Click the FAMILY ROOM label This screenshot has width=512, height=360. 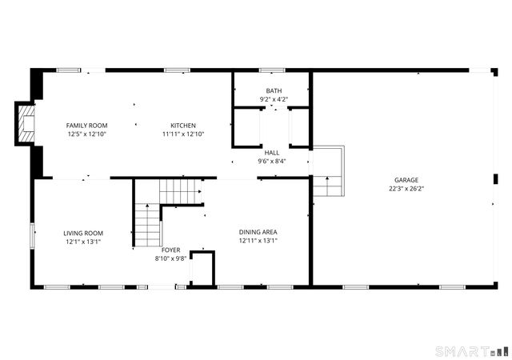[86, 126]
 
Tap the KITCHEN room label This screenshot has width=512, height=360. [183, 126]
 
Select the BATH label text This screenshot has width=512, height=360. [273, 90]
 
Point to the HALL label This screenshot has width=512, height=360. [272, 151]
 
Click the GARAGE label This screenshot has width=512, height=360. [406, 180]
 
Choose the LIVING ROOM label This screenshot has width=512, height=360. [83, 233]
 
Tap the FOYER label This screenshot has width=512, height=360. [170, 250]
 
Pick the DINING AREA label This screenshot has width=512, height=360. [258, 232]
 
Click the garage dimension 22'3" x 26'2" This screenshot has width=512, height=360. [406, 189]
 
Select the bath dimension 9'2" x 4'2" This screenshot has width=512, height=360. [273, 99]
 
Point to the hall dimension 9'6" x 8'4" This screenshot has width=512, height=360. [272, 160]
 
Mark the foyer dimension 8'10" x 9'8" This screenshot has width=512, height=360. [170, 258]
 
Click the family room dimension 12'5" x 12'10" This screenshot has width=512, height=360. [86, 134]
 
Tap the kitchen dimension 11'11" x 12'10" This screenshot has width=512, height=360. [183, 134]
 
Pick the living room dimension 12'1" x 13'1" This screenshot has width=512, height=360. [83, 242]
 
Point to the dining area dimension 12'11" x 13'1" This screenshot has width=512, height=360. [258, 241]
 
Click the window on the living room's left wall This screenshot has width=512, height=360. [32, 236]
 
